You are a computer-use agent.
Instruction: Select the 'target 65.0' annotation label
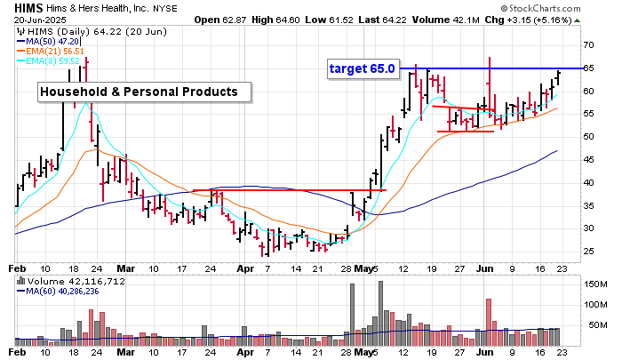click(x=363, y=68)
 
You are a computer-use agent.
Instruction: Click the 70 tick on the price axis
click(x=588, y=44)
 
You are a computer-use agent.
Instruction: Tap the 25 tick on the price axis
click(x=588, y=252)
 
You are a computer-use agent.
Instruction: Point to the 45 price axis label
click(x=588, y=160)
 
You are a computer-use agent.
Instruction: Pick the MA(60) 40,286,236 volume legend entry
click(x=65, y=291)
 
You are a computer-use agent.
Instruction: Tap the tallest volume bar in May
click(x=380, y=313)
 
